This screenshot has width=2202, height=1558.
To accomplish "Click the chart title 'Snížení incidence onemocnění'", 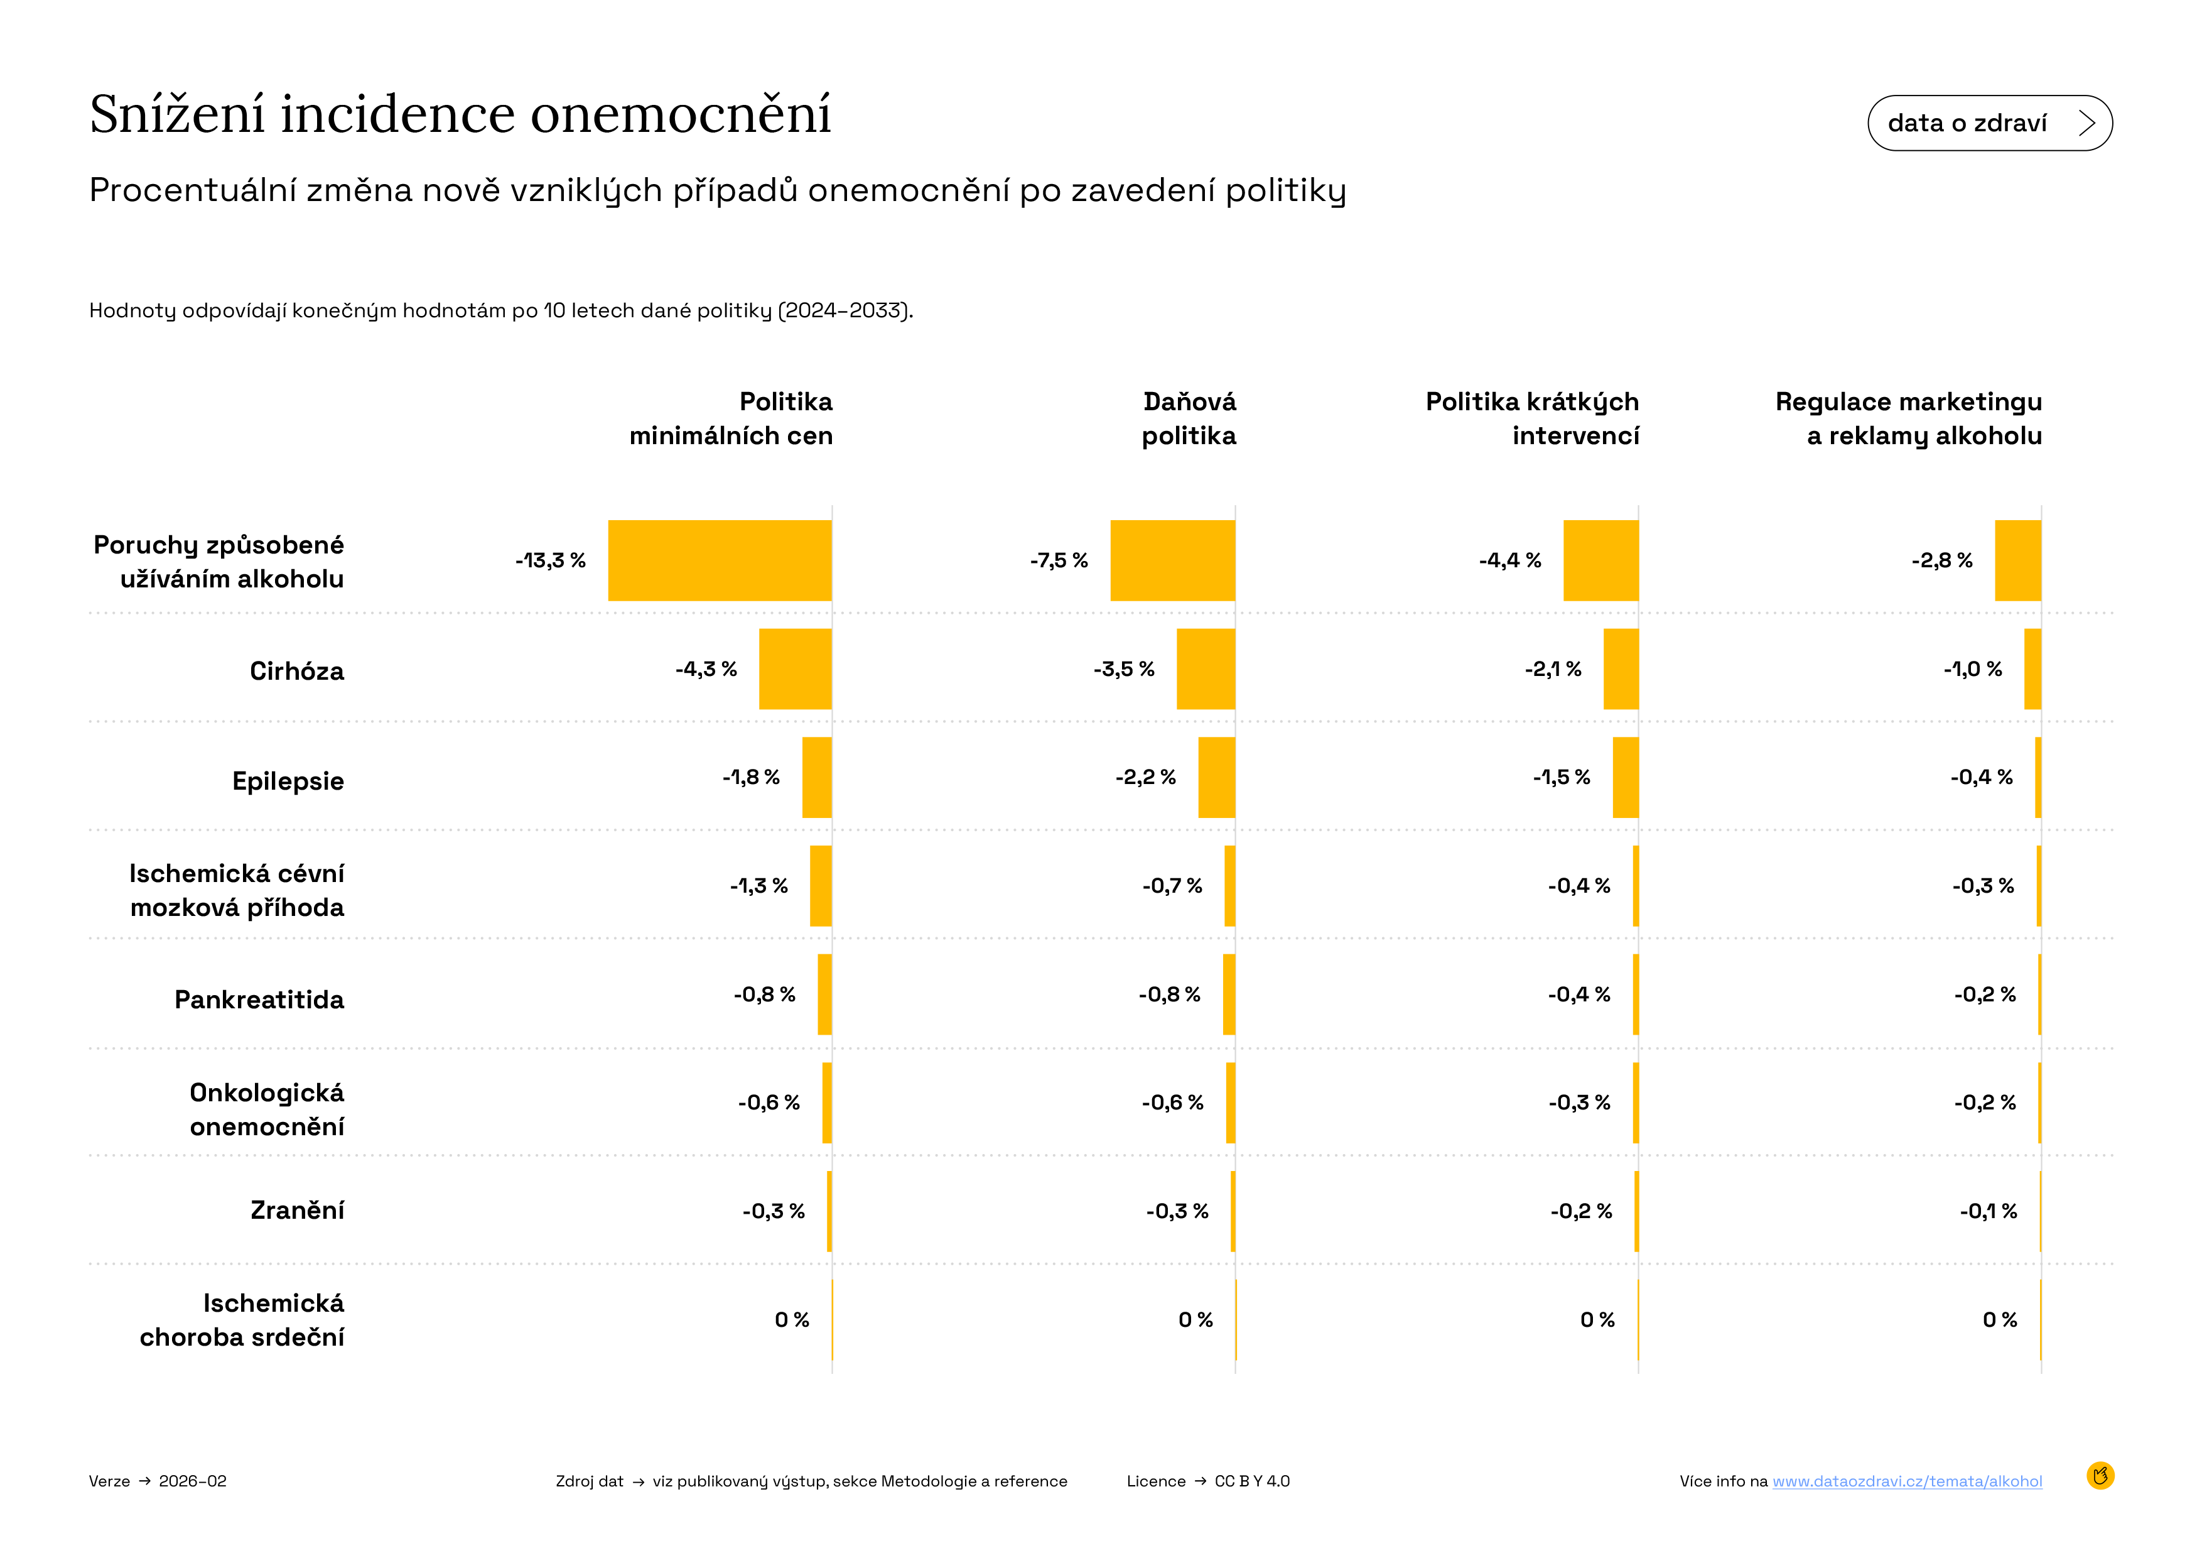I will coord(460,114).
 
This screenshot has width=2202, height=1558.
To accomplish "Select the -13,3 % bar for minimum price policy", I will coord(720,560).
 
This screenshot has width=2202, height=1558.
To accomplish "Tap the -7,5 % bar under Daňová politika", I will coord(1172,560).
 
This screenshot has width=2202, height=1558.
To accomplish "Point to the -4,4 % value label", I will coord(1509,560).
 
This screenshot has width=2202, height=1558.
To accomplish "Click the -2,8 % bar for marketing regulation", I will coord(2018,560).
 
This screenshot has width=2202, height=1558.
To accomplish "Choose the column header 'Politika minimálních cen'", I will coord(731,418).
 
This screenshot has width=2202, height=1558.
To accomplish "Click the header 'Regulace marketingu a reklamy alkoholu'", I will coord(1909,418).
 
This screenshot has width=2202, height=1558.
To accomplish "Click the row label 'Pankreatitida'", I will coord(259,1000).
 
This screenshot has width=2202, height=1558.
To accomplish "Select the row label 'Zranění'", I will coord(298,1211).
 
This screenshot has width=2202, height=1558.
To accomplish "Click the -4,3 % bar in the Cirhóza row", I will coord(795,668).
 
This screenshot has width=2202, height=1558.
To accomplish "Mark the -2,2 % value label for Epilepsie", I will coord(1145,777).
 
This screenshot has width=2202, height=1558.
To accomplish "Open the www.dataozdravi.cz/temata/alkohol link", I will coord(1907,1481).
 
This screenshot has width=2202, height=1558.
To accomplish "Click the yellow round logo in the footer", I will coord(2100,1476).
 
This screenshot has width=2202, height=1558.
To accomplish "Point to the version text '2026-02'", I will coord(193,1481).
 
